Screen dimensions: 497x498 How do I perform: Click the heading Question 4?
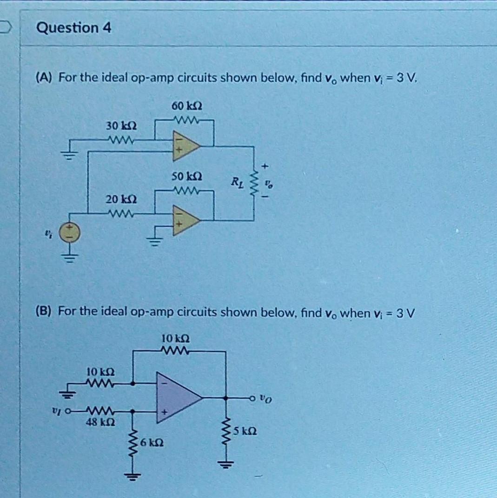coord(74,28)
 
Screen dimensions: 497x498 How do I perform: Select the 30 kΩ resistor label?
coord(121,126)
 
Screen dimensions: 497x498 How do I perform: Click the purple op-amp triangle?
coord(177,397)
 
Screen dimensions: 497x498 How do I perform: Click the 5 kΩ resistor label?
coord(245,431)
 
